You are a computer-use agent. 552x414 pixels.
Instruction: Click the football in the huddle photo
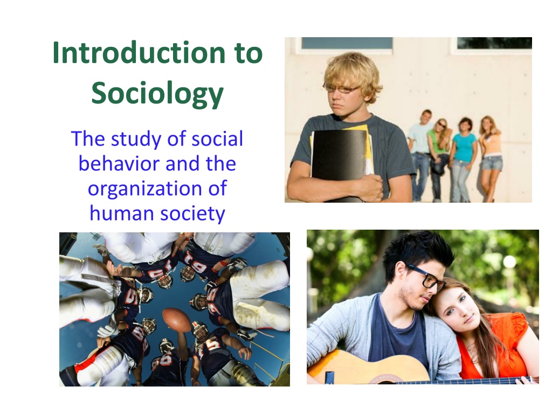point(177,320)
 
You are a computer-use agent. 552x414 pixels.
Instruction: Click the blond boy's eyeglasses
point(341,88)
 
